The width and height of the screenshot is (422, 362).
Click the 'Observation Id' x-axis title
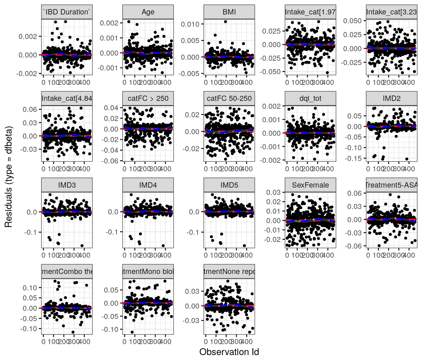point(229,352)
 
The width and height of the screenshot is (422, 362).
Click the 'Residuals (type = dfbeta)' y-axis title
point(8,177)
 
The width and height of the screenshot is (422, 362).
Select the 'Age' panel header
point(148,12)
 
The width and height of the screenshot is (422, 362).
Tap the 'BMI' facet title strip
point(229,12)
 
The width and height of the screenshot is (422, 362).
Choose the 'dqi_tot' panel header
point(310,98)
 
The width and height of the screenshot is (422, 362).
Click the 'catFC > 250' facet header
point(148,98)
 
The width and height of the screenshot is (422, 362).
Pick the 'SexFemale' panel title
point(310,185)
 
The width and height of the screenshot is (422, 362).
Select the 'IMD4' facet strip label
point(148,185)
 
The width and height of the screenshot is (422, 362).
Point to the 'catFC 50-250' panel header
point(229,98)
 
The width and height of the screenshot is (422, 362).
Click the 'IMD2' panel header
point(392,98)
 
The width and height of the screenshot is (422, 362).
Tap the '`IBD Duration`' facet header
point(67,12)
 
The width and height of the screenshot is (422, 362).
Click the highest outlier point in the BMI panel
point(225,22)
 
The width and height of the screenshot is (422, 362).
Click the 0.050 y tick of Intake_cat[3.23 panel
point(352,21)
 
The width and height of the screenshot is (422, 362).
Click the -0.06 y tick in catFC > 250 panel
point(111,161)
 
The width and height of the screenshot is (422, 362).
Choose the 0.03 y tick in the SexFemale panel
point(273,192)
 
